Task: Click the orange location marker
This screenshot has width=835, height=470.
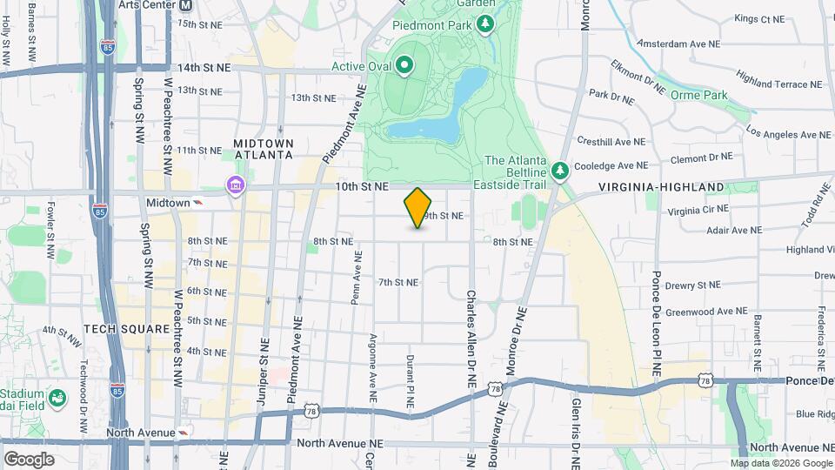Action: point(417,208)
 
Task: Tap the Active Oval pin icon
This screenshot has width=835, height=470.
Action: point(404,65)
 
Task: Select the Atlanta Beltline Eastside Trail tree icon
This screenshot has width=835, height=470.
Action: point(560,168)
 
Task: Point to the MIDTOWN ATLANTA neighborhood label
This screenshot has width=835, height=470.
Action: point(264,149)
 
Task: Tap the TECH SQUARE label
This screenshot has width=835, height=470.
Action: point(114,329)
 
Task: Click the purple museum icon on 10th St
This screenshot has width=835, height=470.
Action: point(235,186)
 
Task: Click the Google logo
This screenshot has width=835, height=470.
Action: point(29,459)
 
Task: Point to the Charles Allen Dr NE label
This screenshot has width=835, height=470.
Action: point(471,338)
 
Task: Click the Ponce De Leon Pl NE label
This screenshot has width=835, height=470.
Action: point(657,323)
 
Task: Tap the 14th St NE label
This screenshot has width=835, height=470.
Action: point(204,67)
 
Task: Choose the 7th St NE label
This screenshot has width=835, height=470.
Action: point(398,282)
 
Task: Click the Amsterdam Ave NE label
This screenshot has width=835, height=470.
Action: point(678,43)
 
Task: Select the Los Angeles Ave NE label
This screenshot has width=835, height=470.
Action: point(789,135)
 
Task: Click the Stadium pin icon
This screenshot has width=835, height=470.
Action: point(57,399)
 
